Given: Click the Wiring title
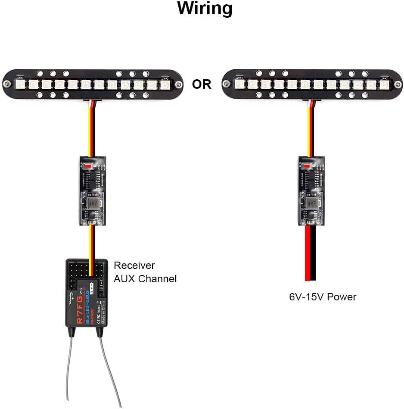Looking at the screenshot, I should coord(205,9).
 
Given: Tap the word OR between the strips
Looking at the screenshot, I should coord(202,84).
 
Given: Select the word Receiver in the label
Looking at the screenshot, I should coord(134,265).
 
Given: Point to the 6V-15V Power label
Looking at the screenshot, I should coord(323,297).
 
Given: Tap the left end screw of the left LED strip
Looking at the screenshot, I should coord(6,84).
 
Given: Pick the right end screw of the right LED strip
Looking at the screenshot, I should coord(395,84).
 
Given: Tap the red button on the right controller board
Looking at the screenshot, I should coord(308,166).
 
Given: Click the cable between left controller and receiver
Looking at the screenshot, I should coord(91,244).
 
